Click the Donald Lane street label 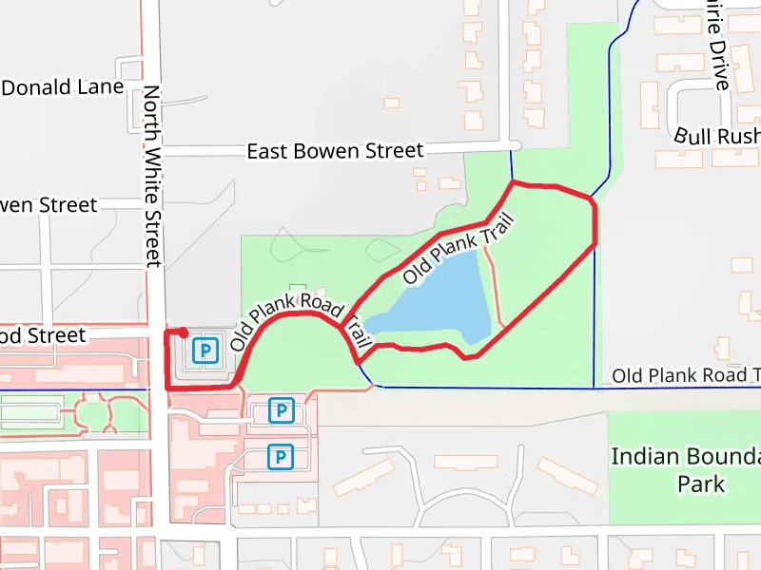coord(63,87)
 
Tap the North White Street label coord(152,176)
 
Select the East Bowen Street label coord(334,151)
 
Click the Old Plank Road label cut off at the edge coord(685,375)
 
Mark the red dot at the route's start coord(182,332)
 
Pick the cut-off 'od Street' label coord(43,335)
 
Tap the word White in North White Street coord(152,176)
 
